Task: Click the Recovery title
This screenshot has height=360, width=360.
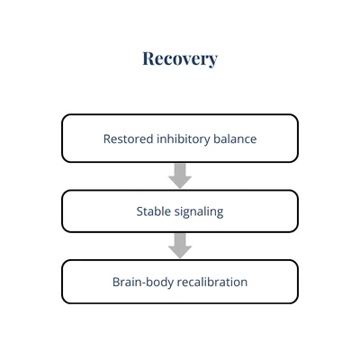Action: (x=180, y=58)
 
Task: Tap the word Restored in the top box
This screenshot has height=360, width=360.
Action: (x=129, y=139)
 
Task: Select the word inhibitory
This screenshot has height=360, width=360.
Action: (x=184, y=139)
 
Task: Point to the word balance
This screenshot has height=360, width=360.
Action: (x=235, y=139)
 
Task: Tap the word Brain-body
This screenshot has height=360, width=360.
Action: (x=143, y=283)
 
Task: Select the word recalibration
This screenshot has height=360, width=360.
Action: (x=212, y=282)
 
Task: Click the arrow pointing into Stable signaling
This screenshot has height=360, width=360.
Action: (x=180, y=175)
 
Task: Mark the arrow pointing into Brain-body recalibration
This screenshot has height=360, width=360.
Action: (x=180, y=246)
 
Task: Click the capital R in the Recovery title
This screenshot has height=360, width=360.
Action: (x=148, y=58)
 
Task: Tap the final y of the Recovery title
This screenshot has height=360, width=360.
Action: (x=211, y=61)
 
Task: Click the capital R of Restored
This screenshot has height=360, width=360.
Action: (x=107, y=139)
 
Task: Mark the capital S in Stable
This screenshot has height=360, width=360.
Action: (x=139, y=211)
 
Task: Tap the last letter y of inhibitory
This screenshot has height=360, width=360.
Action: (x=207, y=141)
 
